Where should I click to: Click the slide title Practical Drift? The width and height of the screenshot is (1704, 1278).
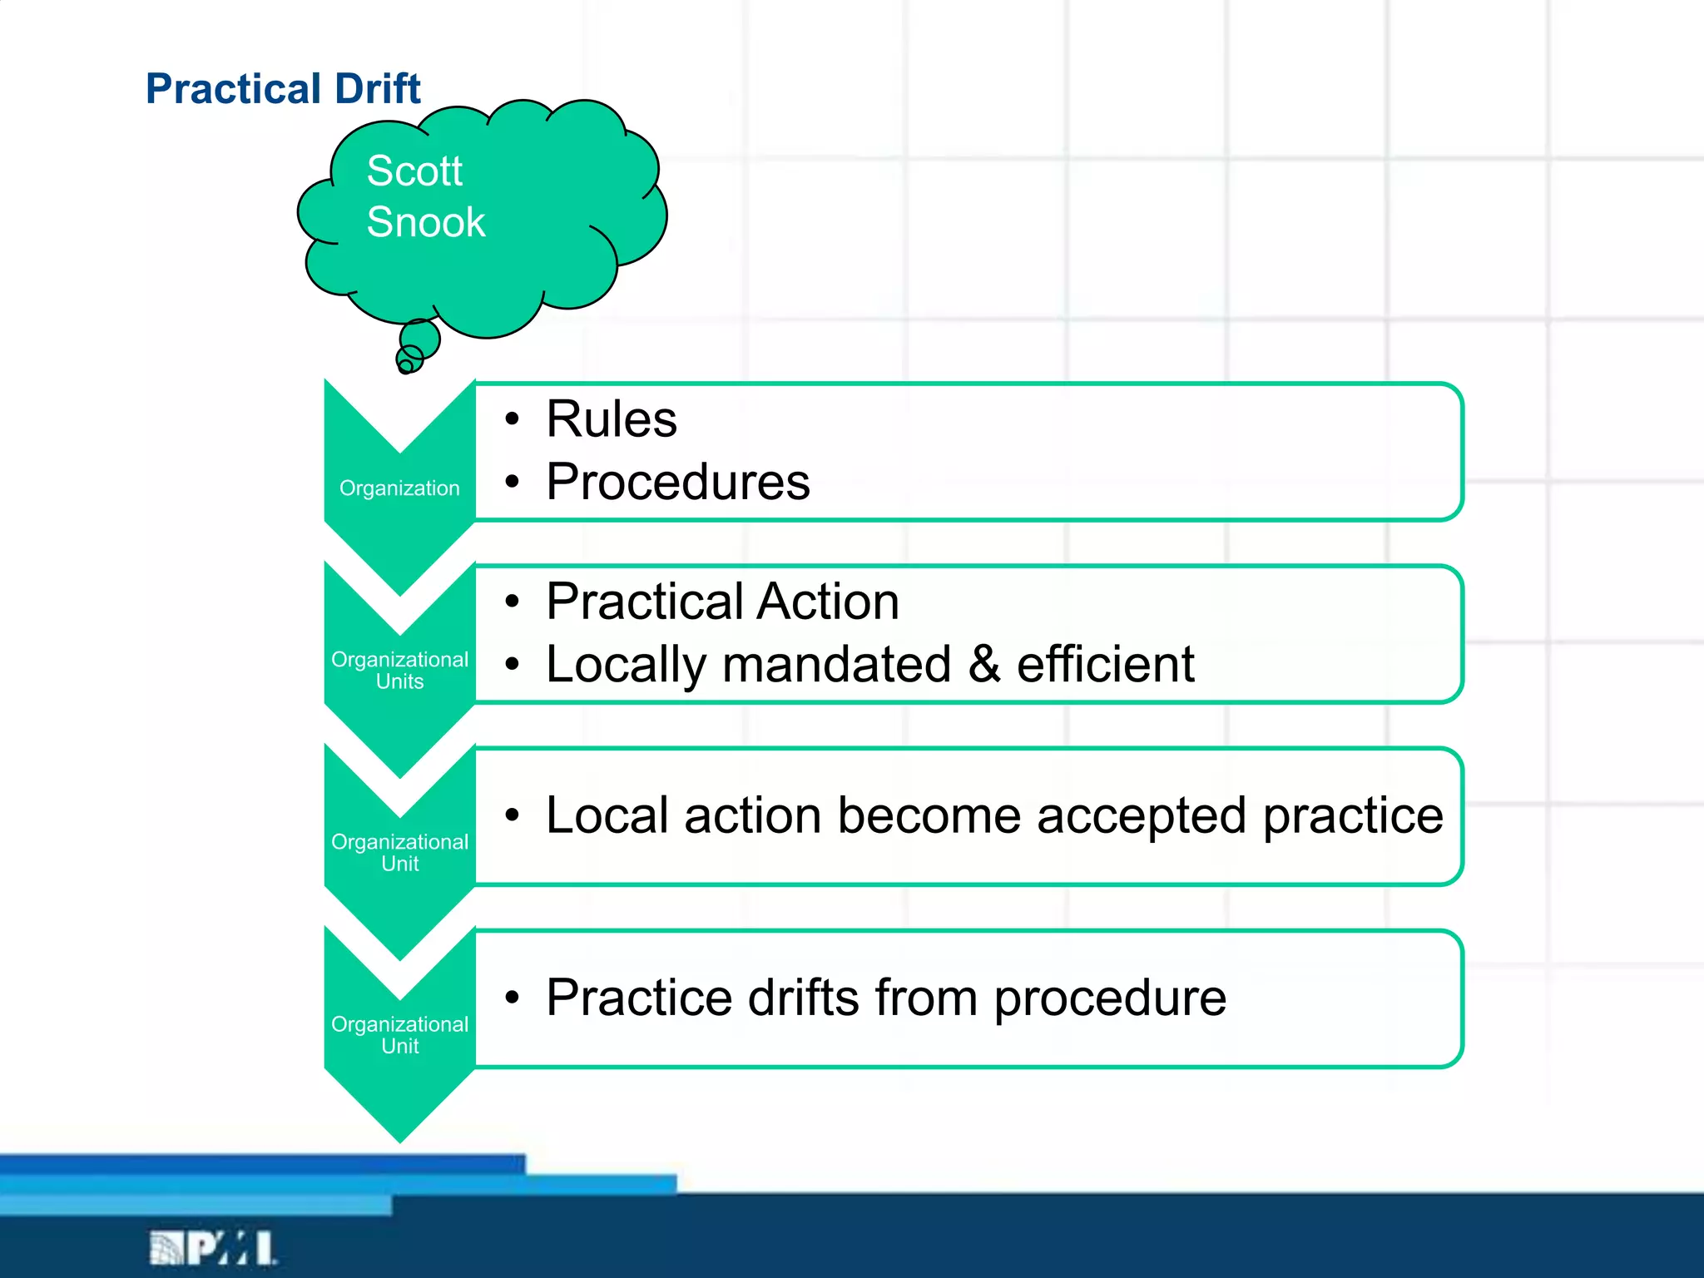[283, 88]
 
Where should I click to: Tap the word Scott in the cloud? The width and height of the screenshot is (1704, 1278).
[414, 171]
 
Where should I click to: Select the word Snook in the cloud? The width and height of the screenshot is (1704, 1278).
[426, 222]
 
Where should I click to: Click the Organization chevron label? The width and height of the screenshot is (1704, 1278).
[399, 488]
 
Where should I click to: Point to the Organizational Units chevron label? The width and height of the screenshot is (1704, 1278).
[399, 671]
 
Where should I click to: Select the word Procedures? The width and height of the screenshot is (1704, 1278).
[677, 482]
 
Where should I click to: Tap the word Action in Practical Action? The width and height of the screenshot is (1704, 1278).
[828, 602]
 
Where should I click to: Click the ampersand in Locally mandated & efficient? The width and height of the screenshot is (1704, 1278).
[983, 664]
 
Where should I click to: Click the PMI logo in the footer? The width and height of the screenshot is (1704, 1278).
[213, 1248]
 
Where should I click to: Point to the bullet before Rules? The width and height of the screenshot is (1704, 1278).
[513, 419]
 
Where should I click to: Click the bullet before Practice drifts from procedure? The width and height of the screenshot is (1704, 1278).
[513, 998]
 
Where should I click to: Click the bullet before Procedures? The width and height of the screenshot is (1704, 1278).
[513, 482]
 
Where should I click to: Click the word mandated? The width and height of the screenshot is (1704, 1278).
[836, 664]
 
